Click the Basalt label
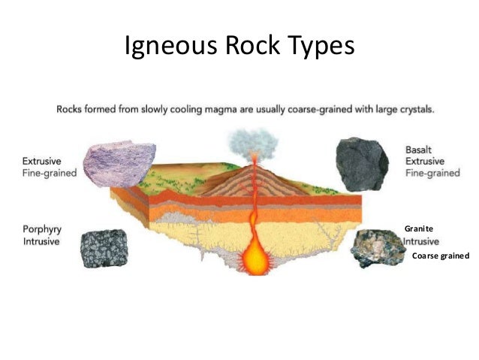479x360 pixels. tap(419, 149)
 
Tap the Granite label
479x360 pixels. tap(417, 228)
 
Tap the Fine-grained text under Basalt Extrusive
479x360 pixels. tap(432, 173)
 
